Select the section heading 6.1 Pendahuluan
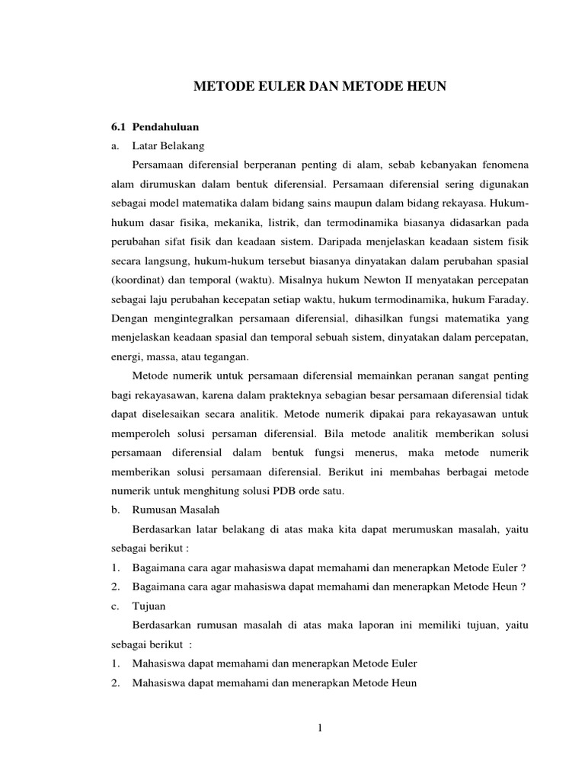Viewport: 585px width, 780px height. (155, 126)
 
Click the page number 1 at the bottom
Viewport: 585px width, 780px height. (321, 728)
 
